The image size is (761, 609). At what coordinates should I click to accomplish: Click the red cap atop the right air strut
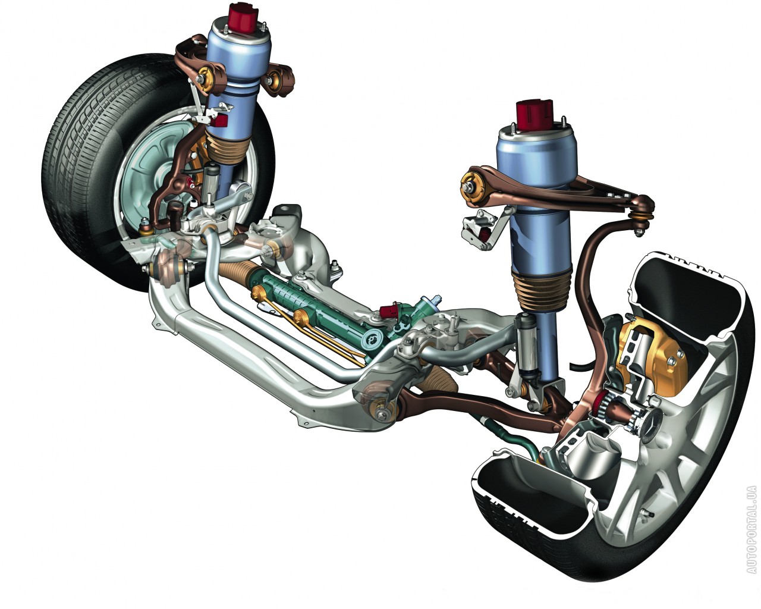pyautogui.click(x=534, y=114)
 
